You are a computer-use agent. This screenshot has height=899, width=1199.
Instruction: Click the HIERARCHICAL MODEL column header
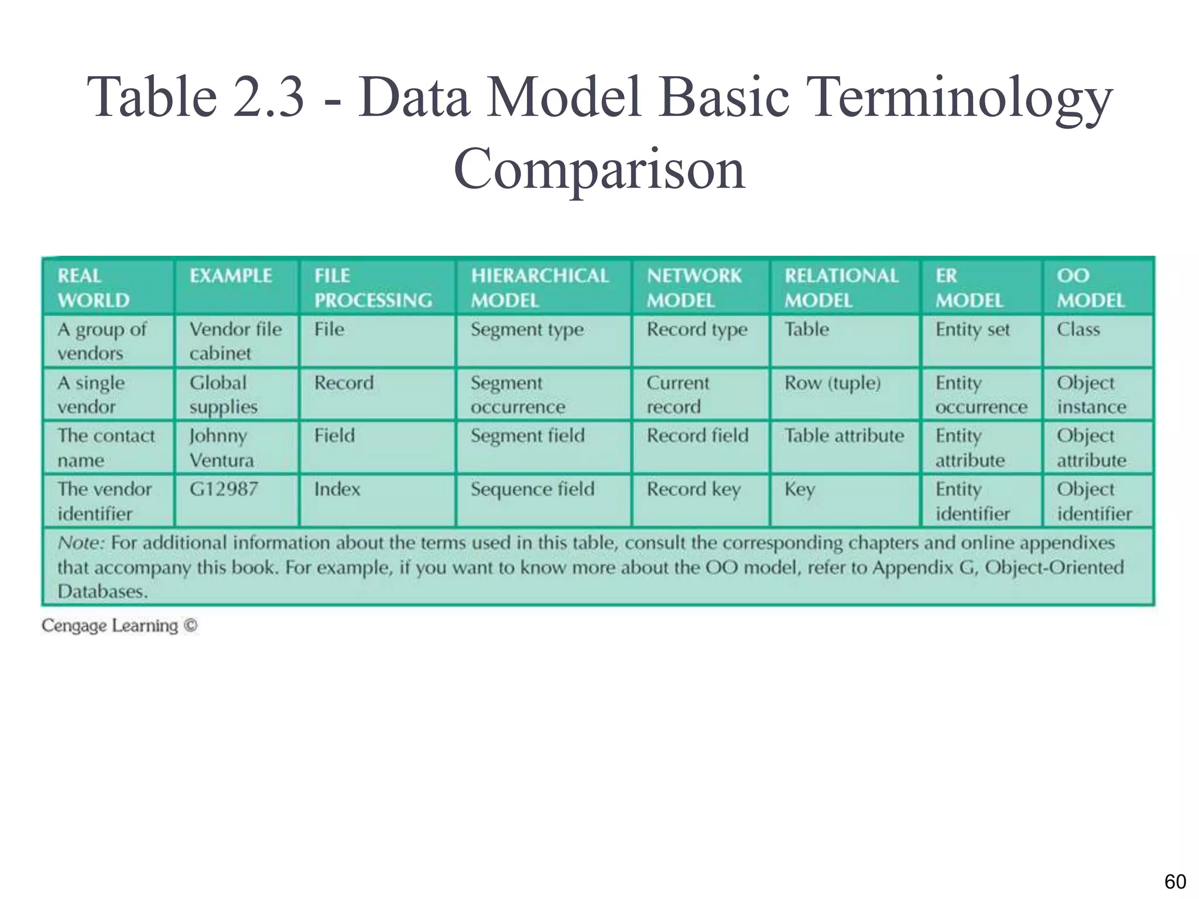(x=539, y=287)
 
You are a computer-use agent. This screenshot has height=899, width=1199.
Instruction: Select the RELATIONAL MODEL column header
(x=841, y=287)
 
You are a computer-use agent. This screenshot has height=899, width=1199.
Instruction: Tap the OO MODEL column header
(x=1090, y=287)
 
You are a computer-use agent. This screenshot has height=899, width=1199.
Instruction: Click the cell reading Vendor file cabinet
(x=235, y=341)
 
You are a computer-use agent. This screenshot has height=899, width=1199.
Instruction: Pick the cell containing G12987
(x=224, y=489)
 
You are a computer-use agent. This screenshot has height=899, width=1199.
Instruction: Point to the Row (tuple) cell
(x=832, y=383)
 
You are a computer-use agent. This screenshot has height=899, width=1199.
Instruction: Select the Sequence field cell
(x=532, y=489)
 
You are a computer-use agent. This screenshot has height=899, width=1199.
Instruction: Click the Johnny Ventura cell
(x=221, y=448)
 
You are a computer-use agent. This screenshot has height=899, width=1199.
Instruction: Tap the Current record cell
(x=677, y=394)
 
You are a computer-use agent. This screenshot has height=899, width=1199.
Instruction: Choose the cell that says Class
(x=1078, y=330)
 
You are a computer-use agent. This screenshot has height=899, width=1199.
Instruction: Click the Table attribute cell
(x=844, y=436)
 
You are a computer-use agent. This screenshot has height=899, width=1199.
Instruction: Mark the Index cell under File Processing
(x=337, y=489)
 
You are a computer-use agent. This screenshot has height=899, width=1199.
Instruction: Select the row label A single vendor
(x=91, y=394)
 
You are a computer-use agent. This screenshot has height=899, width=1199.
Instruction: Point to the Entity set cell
(x=972, y=330)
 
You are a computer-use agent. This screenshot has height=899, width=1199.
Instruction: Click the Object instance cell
(x=1091, y=394)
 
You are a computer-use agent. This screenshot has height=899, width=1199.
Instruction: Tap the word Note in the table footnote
(x=80, y=543)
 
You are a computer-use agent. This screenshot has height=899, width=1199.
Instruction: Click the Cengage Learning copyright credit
(x=119, y=626)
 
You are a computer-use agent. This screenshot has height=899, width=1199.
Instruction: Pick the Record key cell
(x=693, y=489)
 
